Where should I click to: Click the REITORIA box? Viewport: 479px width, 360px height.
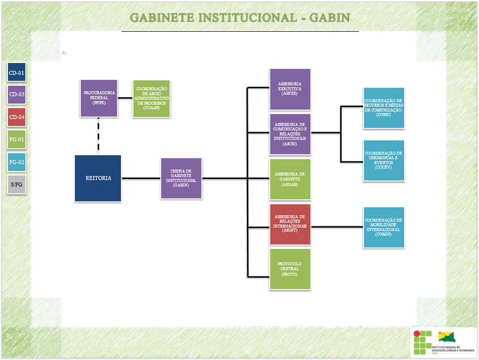98,178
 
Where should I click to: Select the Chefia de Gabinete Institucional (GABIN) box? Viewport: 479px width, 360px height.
181,178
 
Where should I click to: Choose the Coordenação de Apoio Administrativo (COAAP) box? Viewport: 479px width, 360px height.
152,99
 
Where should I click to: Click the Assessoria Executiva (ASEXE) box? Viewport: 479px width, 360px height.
289,89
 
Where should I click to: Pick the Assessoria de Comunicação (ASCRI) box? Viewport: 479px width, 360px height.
289,134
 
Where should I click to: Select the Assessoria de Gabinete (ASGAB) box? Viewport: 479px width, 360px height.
289,179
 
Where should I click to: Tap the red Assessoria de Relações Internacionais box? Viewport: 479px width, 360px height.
289,224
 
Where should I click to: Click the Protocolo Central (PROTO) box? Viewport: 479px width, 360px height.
289,269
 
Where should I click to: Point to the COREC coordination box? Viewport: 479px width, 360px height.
384,108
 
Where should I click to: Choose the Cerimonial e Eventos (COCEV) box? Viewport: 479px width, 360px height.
384,160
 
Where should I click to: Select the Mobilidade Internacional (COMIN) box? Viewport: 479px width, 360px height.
384,227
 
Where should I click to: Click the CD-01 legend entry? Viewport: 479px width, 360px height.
17,73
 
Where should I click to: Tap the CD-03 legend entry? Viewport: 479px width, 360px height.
17,95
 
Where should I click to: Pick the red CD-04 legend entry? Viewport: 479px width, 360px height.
17,117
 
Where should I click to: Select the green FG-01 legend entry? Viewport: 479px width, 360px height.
17,140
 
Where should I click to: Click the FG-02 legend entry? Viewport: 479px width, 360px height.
17,162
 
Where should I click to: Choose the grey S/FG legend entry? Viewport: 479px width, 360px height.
17,185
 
